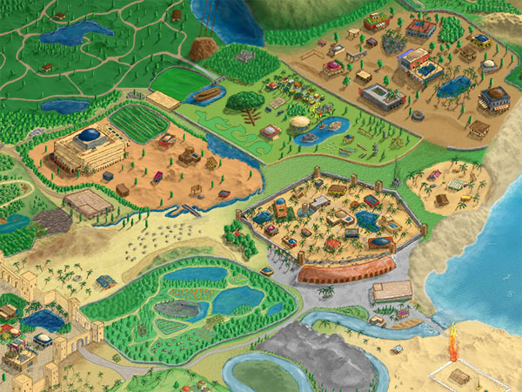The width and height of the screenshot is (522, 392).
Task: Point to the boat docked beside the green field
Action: pos(207,96)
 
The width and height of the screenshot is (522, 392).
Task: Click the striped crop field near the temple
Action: pos(139,123)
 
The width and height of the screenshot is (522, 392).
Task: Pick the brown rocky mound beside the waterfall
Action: pos(204,49)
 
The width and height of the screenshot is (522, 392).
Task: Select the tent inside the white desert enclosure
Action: pos(460,376)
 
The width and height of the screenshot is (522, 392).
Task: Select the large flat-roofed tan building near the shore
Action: pos(391,291)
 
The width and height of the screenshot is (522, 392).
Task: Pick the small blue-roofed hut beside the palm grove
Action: pos(106,280)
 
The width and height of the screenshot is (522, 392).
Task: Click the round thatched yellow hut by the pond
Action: pos(300,123)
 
